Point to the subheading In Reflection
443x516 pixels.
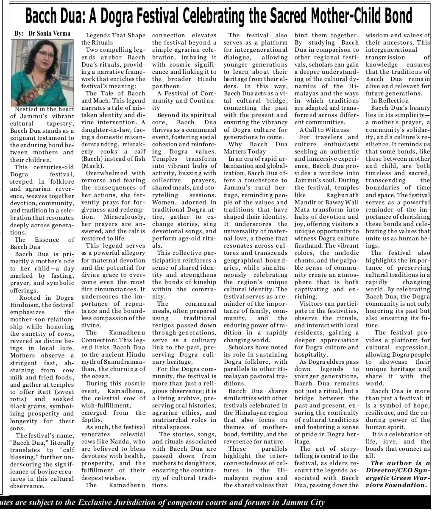click(390, 100)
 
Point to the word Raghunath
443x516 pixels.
click(343, 195)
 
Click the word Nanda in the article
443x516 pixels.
click(120, 441)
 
